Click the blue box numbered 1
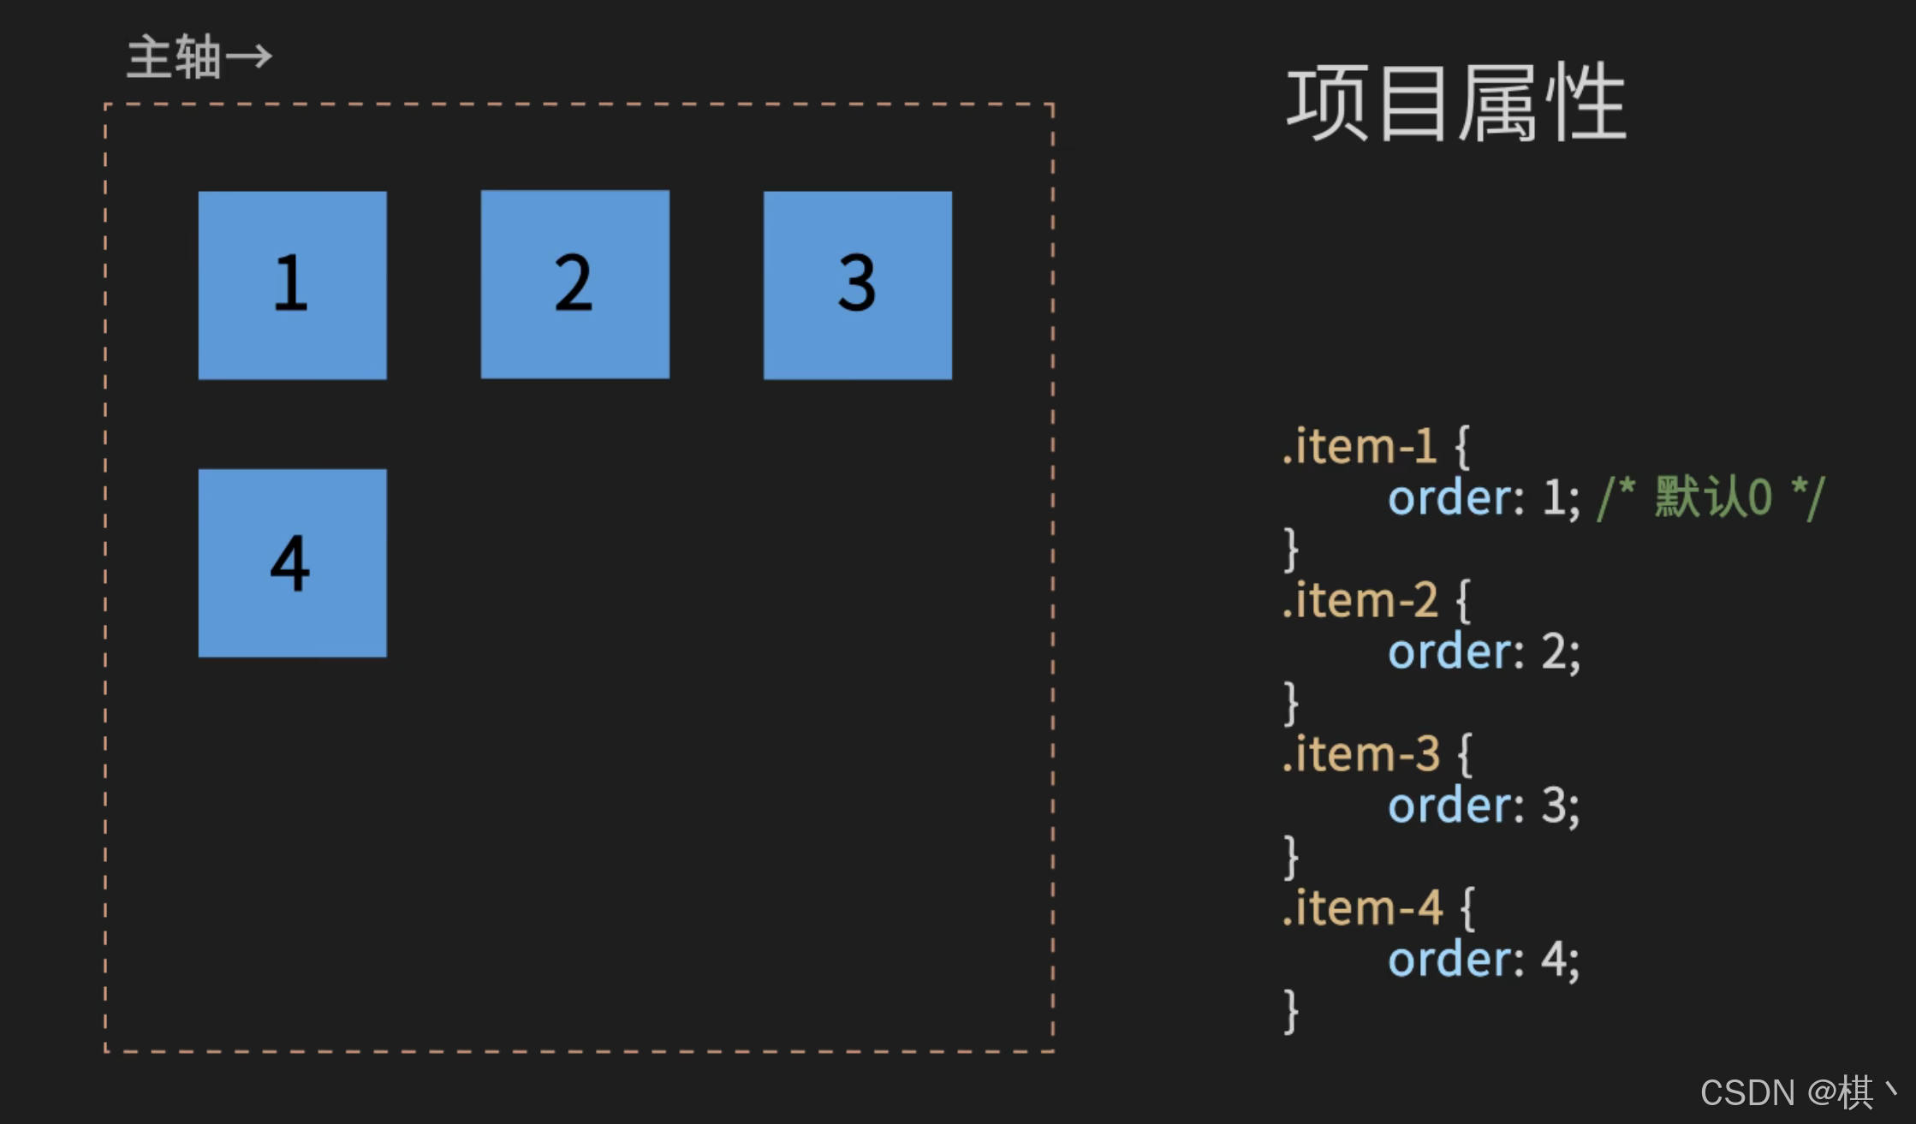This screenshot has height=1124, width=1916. coord(292,285)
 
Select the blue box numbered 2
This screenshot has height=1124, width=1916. coord(574,284)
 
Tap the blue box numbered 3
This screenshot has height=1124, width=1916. coord(857,285)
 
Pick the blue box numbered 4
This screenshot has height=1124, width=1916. coord(292,563)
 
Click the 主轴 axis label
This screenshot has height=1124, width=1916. coord(175,58)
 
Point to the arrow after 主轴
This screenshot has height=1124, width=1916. coord(249,57)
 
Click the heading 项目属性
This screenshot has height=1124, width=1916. coord(1455,104)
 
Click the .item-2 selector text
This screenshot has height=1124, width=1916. coord(1359,600)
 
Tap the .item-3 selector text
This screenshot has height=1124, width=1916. coord(1360,754)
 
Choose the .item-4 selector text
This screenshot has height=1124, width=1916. coord(1360,908)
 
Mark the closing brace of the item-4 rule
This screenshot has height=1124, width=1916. coord(1291,1011)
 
